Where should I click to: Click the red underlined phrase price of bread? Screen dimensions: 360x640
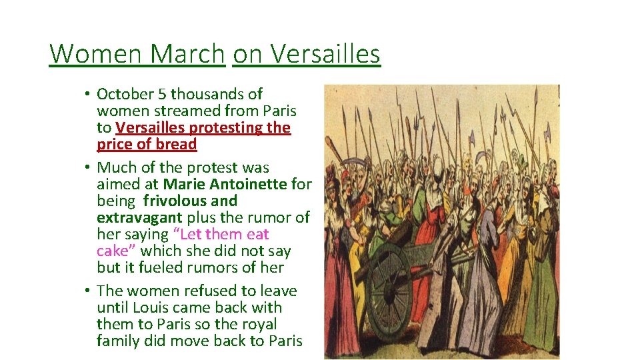(147, 144)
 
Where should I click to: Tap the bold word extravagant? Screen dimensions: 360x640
(139, 217)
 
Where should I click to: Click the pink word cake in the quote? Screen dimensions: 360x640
(113, 251)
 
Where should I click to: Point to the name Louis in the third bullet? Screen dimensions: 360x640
(151, 307)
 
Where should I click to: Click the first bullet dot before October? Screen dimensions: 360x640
(87, 94)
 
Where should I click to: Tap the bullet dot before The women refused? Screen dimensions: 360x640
(87, 291)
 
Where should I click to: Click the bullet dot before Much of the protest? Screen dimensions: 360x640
(87, 167)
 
